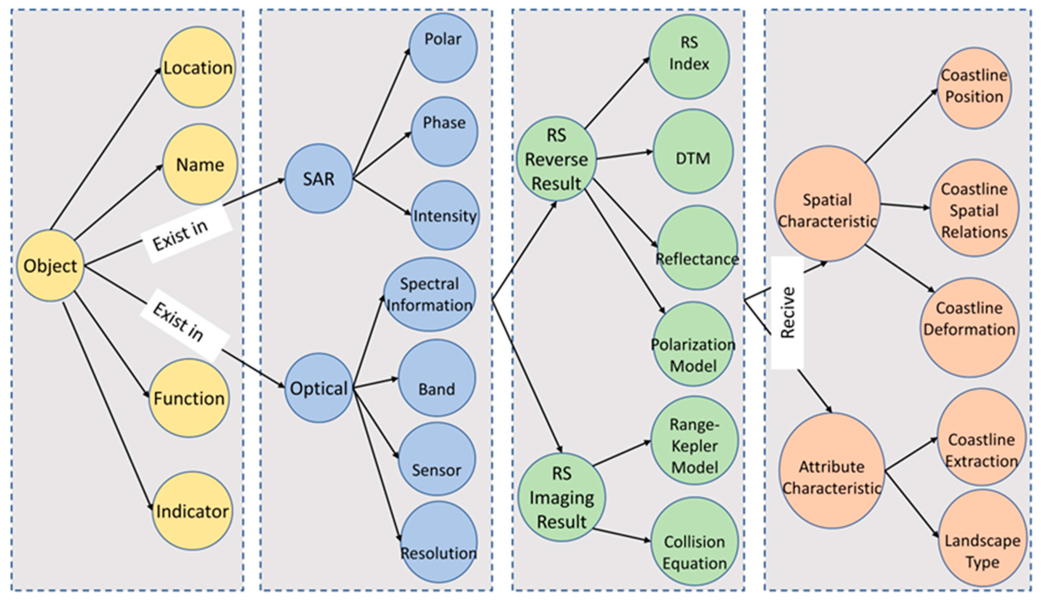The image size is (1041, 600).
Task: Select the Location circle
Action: [x=198, y=67]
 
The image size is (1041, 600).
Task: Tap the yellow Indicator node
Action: [x=192, y=511]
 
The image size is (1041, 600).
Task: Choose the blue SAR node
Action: [x=318, y=178]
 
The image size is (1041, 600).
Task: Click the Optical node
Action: [x=319, y=388]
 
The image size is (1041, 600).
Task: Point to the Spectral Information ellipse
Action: [x=429, y=294]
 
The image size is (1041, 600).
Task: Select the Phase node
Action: [x=444, y=131]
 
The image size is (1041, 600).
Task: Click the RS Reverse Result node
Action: [x=556, y=159]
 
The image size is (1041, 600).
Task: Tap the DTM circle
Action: [x=693, y=151]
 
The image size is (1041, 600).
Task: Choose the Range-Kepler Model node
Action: [x=694, y=440]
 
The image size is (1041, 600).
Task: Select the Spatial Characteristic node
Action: [x=827, y=204]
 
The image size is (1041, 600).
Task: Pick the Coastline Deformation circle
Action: [x=969, y=327]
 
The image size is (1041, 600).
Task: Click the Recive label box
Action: [x=787, y=313]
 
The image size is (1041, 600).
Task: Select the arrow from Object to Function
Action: [x=112, y=344]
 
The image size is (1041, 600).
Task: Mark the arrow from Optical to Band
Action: [x=376, y=383]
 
